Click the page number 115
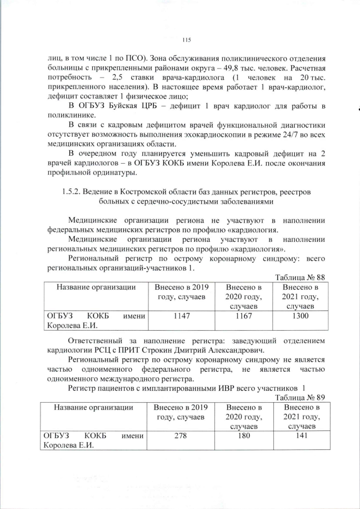[187, 39]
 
